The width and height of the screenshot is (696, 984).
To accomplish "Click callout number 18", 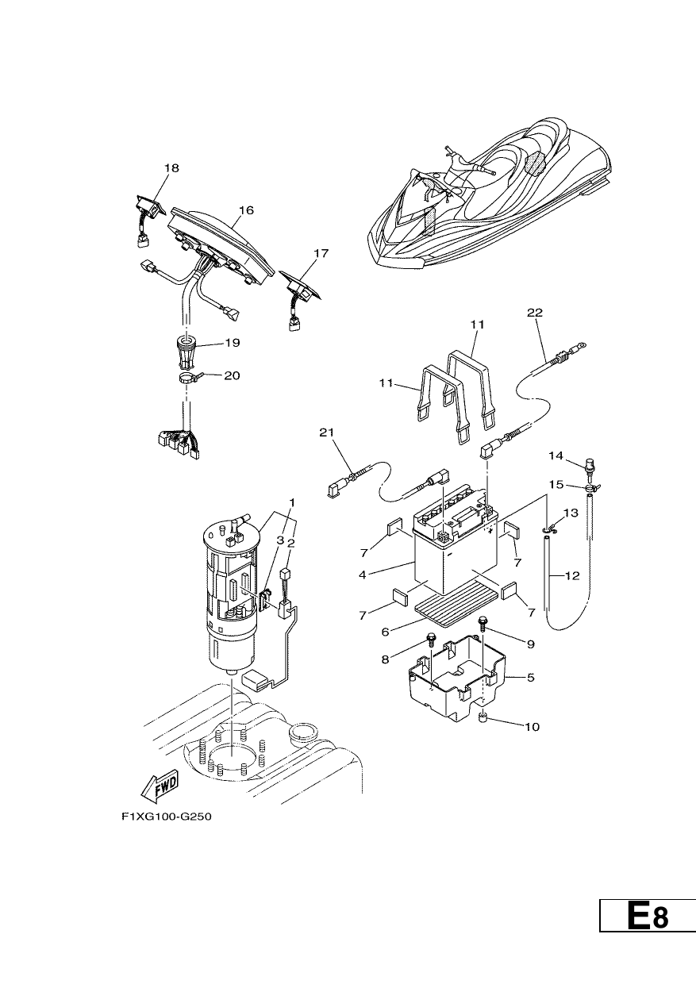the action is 171,168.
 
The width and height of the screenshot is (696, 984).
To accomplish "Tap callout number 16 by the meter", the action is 247,210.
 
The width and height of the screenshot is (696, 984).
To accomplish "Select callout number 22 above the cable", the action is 535,313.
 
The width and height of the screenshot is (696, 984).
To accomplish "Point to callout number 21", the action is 326,432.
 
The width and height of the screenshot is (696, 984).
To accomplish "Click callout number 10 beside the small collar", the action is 532,727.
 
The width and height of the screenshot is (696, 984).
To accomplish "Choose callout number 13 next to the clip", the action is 571,513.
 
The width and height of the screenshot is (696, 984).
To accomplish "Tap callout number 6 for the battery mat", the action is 386,632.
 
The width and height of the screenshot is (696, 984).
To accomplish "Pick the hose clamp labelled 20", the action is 190,376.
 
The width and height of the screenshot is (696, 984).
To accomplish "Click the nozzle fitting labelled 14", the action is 590,467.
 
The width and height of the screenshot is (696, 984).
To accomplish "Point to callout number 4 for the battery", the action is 363,575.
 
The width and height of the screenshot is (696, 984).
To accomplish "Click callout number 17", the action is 321,254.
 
